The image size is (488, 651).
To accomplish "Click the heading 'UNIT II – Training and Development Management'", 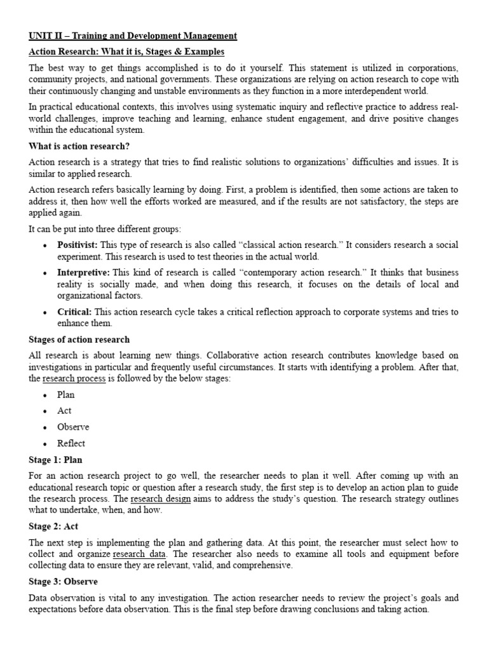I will tap(133, 36).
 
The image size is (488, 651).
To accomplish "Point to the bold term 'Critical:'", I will tap(74, 312).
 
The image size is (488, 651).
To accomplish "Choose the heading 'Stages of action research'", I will tap(79, 339).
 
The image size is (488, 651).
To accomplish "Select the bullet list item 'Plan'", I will tap(65, 395).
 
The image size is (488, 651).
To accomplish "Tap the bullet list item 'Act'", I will tap(64, 411).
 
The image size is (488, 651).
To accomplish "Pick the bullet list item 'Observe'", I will tap(72, 427).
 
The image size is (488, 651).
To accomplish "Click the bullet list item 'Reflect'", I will tap(71, 443).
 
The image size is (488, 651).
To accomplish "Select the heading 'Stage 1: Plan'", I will tap(55, 460).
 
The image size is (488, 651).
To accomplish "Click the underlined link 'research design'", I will tap(160, 498).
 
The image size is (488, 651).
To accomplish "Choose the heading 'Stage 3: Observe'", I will tap(63, 582).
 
